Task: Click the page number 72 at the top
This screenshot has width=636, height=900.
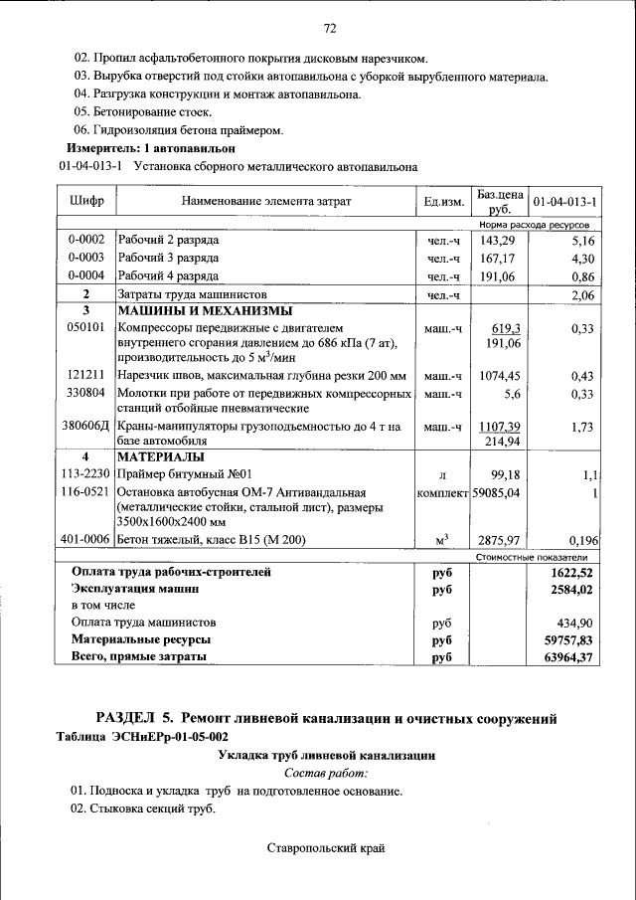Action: (x=330, y=28)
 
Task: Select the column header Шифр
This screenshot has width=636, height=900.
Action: (x=86, y=201)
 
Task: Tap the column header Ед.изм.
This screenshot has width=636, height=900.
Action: (x=443, y=202)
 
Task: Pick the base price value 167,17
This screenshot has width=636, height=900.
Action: (x=499, y=259)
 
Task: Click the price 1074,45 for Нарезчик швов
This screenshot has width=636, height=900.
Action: (x=499, y=376)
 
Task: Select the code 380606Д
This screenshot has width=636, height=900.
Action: (x=86, y=427)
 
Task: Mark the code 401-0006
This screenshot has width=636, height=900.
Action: (x=86, y=540)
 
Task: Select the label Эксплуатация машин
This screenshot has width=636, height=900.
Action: (x=130, y=589)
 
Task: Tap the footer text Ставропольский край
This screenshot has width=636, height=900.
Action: (x=325, y=848)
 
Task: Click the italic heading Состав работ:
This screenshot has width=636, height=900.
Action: (x=326, y=773)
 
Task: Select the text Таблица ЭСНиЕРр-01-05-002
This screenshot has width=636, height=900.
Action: (x=143, y=737)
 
